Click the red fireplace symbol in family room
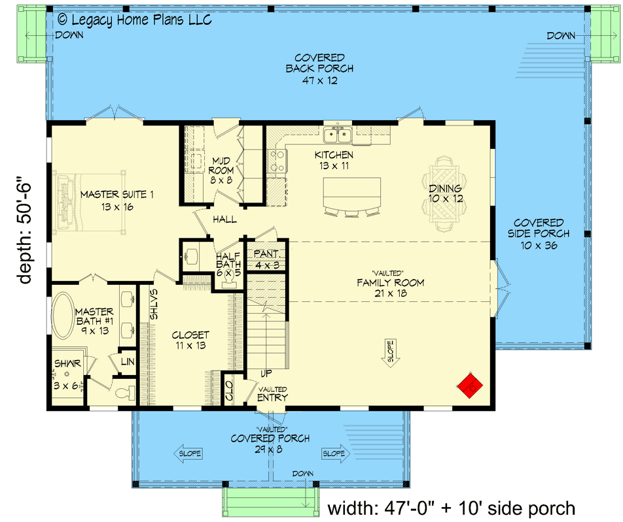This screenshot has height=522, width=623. [471, 387]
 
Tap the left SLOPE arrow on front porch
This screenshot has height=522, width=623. [188, 453]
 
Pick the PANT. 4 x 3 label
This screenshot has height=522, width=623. [266, 259]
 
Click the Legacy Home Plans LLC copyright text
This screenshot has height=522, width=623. [135, 20]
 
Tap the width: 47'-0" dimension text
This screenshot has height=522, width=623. [451, 507]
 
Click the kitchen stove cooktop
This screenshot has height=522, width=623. [277, 161]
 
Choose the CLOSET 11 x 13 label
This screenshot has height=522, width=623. [190, 340]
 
